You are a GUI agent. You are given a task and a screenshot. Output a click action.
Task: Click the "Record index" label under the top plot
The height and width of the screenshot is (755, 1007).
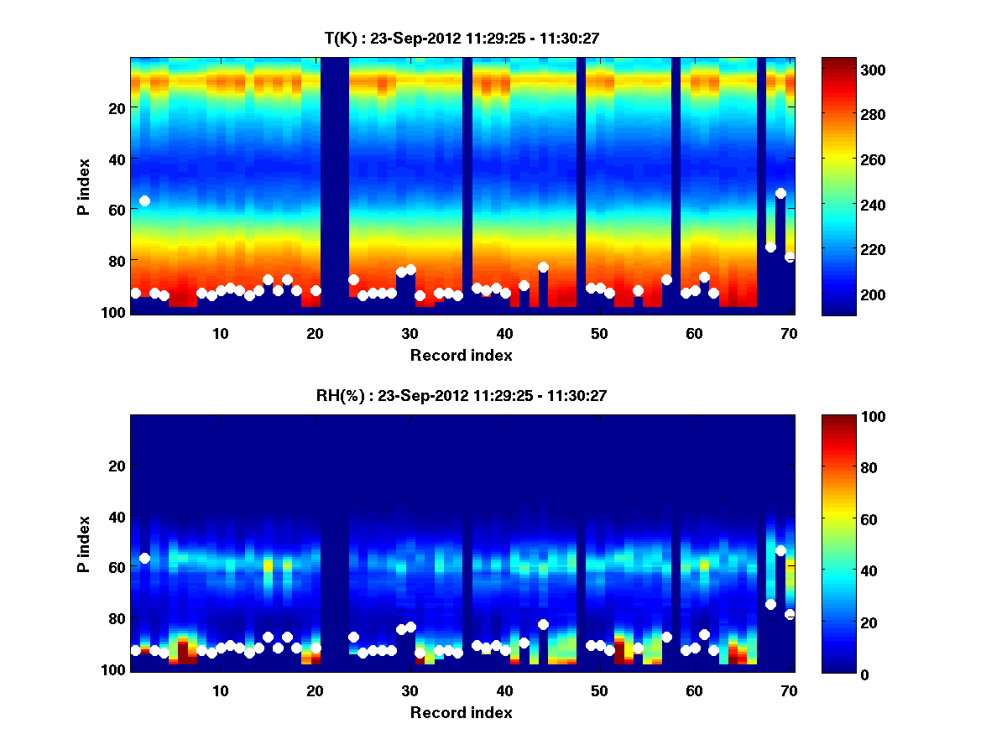click(x=461, y=355)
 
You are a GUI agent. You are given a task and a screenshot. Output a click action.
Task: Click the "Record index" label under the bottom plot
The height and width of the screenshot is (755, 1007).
click(x=461, y=712)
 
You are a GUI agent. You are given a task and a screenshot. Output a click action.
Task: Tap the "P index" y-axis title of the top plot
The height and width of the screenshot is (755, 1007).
click(x=83, y=185)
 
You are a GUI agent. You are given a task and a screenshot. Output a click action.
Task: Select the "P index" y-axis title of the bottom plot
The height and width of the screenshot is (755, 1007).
click(x=83, y=543)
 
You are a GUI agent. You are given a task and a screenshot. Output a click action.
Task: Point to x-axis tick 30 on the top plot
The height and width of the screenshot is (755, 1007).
click(x=409, y=333)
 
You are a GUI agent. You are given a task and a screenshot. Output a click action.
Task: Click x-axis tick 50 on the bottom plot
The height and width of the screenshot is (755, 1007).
click(x=598, y=690)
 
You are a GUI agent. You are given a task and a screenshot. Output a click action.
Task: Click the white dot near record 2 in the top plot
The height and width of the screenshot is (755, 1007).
click(x=144, y=200)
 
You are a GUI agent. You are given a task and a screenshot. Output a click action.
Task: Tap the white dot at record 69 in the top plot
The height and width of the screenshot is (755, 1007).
click(x=780, y=193)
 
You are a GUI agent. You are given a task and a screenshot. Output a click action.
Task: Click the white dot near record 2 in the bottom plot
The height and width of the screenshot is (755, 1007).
click(x=144, y=558)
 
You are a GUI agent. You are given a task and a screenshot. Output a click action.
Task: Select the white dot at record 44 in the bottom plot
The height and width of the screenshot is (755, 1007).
click(x=543, y=624)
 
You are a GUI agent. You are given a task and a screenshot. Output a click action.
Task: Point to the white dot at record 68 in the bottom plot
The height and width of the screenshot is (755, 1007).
click(x=770, y=604)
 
